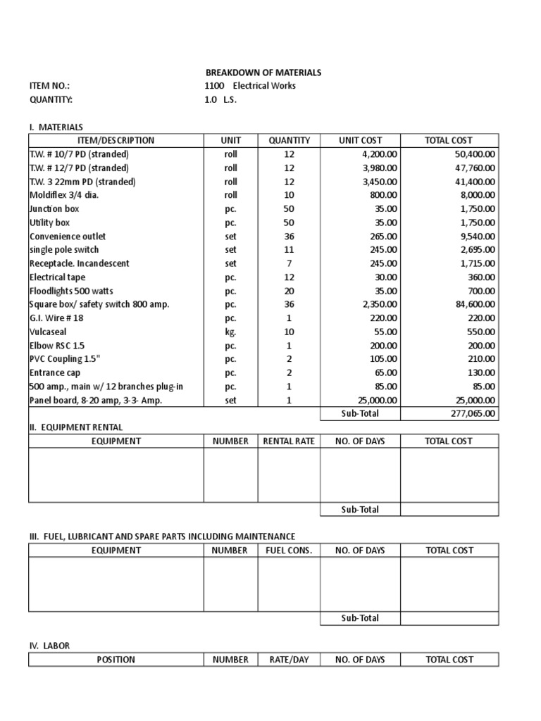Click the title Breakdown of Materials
point(263,73)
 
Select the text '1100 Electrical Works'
point(250,86)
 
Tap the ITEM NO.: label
point(49,86)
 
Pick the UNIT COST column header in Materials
point(360,140)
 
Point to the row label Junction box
point(54,208)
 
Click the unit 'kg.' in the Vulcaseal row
point(230,332)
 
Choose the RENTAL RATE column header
point(289,441)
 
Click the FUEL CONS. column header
point(289,551)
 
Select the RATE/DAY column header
point(289,660)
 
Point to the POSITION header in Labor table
point(116,660)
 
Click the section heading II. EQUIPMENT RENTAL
point(75,427)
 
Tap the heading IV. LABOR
point(49,646)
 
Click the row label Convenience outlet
point(68,236)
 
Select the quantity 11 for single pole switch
point(290,249)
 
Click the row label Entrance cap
point(55,372)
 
